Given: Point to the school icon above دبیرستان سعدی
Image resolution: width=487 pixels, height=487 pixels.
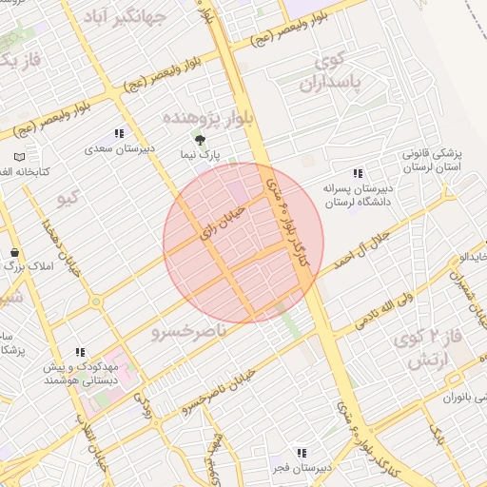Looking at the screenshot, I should [119, 134].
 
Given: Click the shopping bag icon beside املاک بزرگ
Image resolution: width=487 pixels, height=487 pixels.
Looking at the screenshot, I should [14, 252].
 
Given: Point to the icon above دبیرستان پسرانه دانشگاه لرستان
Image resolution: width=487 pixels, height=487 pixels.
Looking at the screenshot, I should [358, 173].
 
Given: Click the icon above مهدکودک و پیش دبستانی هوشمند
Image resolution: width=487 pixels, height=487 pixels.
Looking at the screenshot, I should [80, 351].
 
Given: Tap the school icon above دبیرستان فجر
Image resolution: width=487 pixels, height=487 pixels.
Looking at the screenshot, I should [302, 453].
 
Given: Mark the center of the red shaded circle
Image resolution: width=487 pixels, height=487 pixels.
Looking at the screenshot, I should [243, 243].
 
